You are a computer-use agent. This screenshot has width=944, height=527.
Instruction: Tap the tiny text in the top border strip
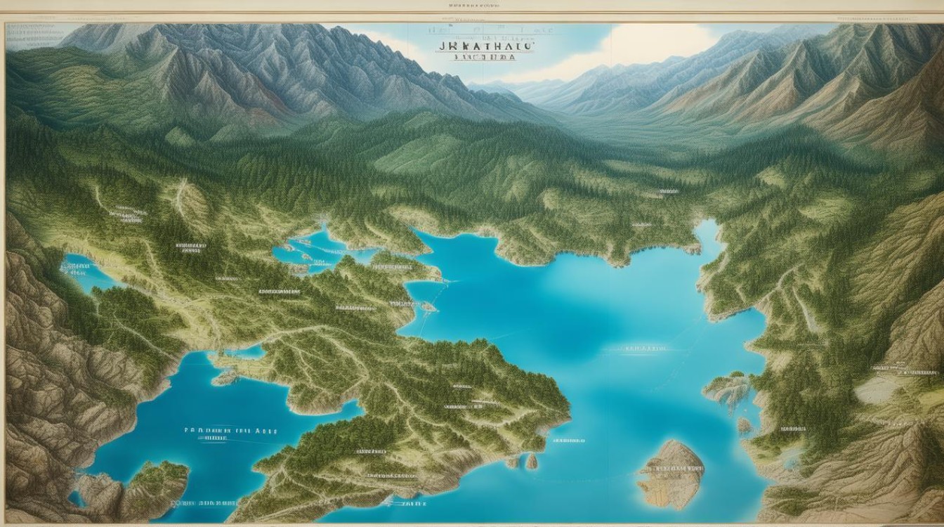(472, 6)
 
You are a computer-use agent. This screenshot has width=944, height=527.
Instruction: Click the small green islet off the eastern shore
(729, 389)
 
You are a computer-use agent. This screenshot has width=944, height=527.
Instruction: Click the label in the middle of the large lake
(645, 348)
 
